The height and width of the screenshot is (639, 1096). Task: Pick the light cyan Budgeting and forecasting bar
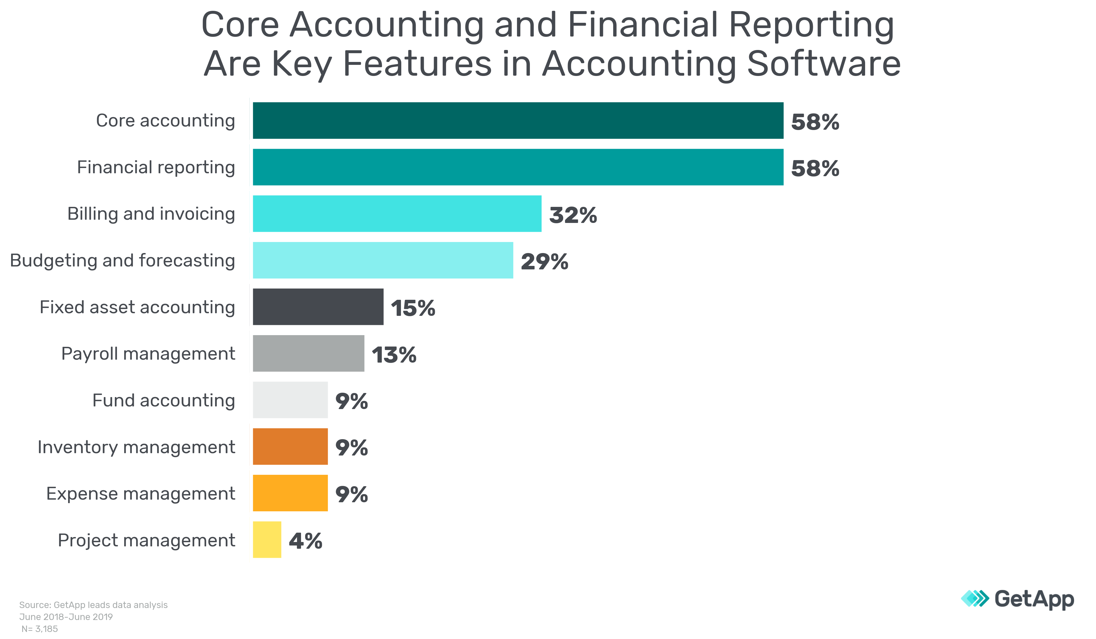383,260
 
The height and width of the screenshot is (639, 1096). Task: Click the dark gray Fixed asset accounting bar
318,306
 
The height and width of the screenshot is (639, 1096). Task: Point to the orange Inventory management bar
290,446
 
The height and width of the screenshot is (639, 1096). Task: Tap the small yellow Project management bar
267,539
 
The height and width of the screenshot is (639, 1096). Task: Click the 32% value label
573,215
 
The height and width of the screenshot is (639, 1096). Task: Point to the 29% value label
544,262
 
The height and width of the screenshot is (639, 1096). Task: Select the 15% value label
413,308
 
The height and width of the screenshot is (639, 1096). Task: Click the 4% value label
305,541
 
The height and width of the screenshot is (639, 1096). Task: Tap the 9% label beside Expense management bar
351,495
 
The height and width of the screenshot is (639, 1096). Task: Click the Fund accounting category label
164,400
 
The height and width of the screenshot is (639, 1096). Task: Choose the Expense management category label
141,494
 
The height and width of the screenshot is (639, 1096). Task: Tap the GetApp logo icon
974,599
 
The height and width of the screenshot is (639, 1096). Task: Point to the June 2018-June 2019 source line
66,617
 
